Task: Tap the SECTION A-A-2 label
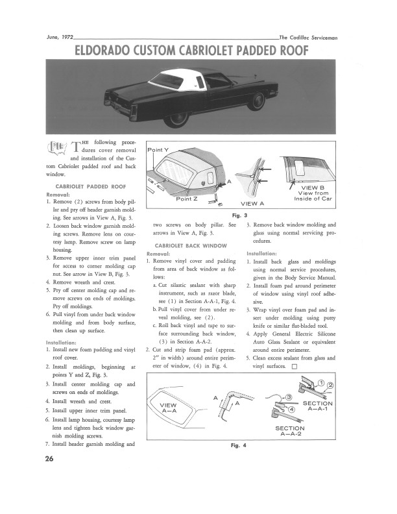click(x=295, y=433)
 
